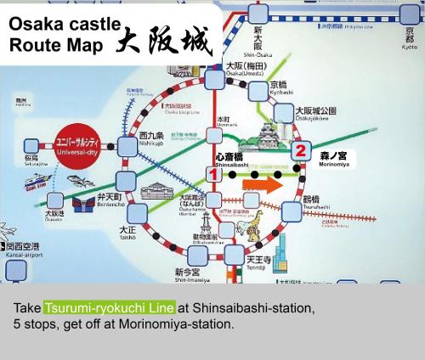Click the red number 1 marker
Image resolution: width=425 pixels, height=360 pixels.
click(x=215, y=174)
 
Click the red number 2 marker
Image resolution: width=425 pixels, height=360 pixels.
click(x=299, y=150)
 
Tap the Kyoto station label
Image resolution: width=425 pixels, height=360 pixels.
click(x=410, y=42)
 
